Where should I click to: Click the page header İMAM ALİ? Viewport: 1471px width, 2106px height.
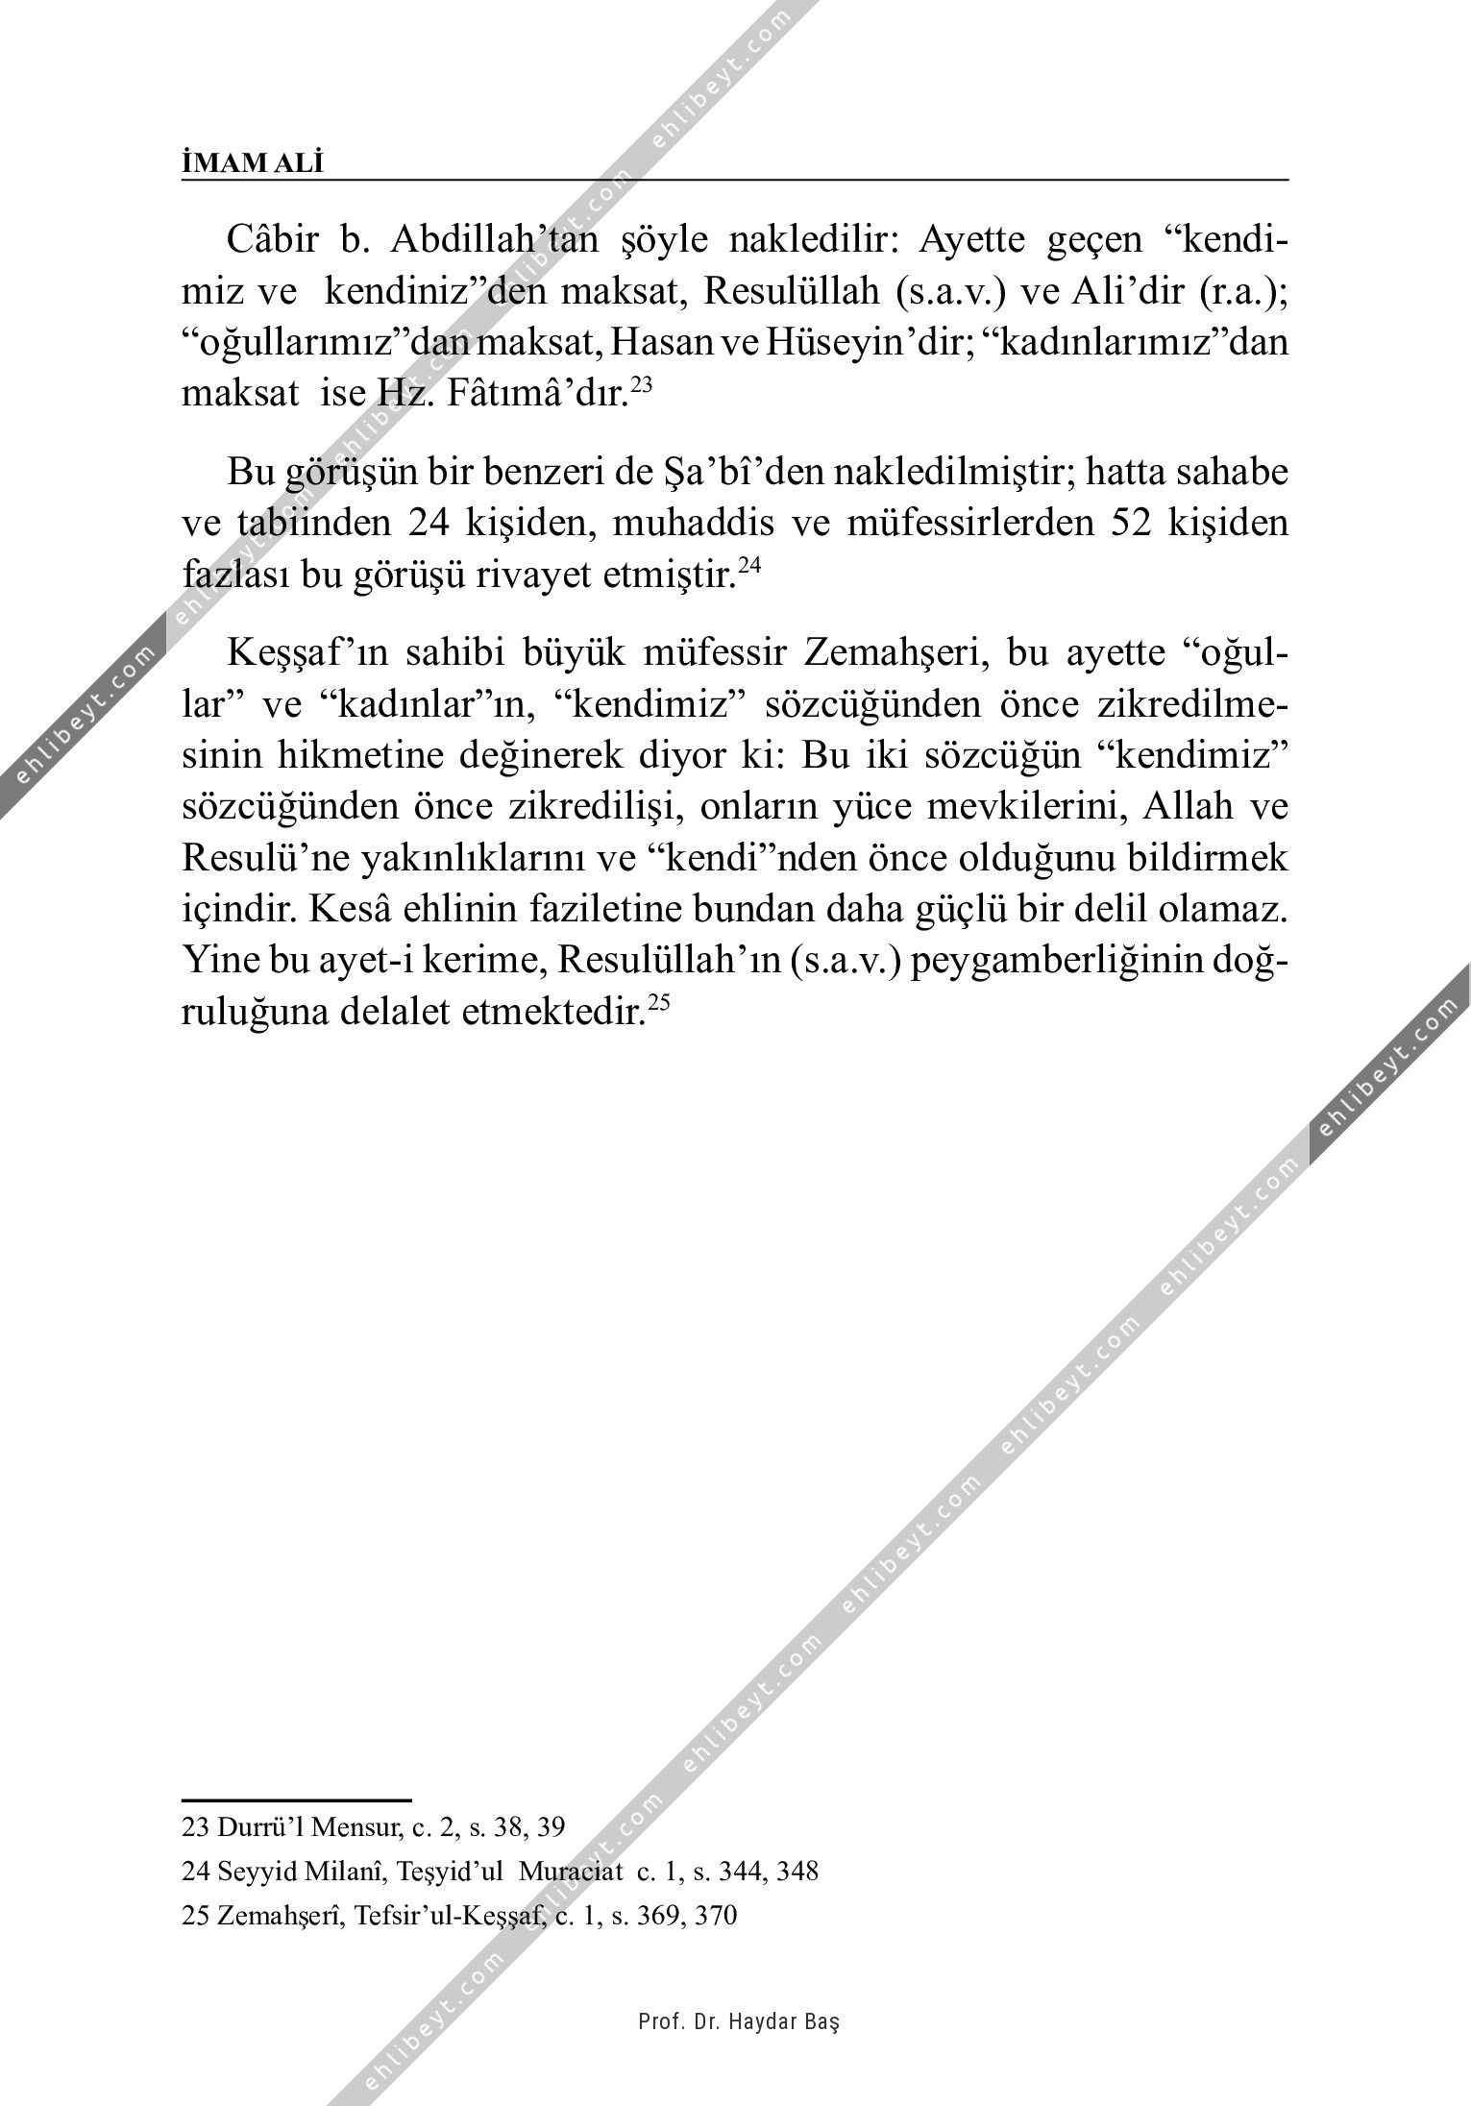[253, 163]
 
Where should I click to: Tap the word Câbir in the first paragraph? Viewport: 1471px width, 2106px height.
[272, 239]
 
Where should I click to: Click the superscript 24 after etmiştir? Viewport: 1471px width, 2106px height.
[749, 567]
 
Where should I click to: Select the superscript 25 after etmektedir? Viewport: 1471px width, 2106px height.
[658, 1003]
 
